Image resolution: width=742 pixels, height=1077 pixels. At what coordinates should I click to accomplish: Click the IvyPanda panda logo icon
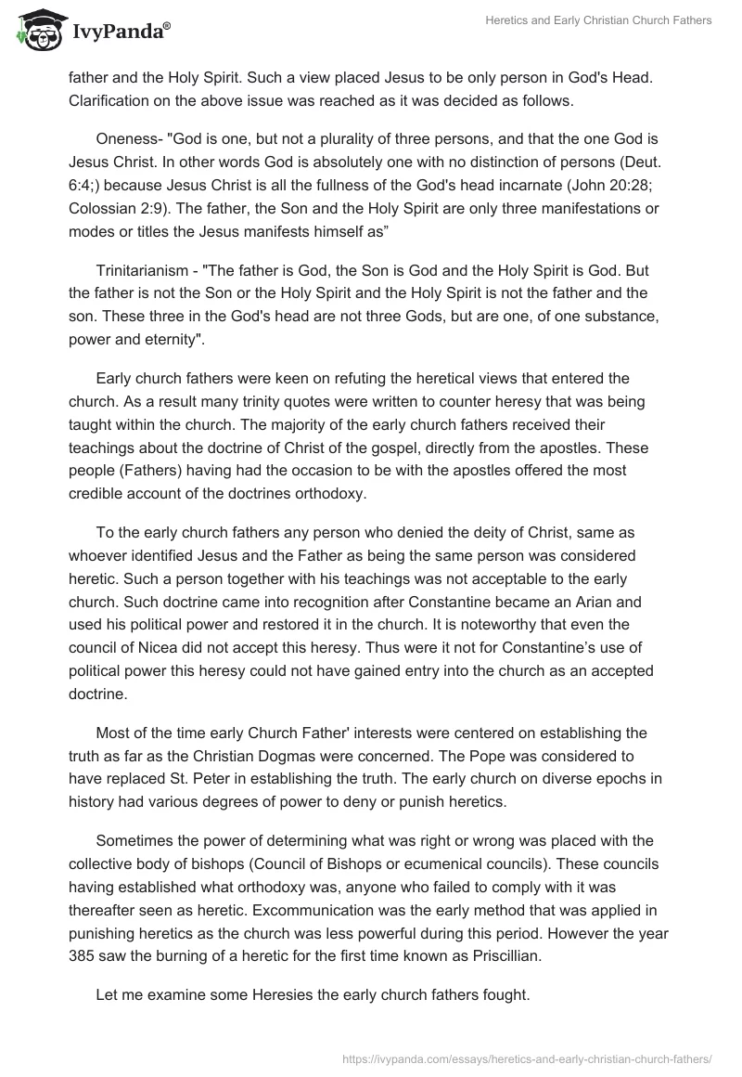[x=35, y=31]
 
